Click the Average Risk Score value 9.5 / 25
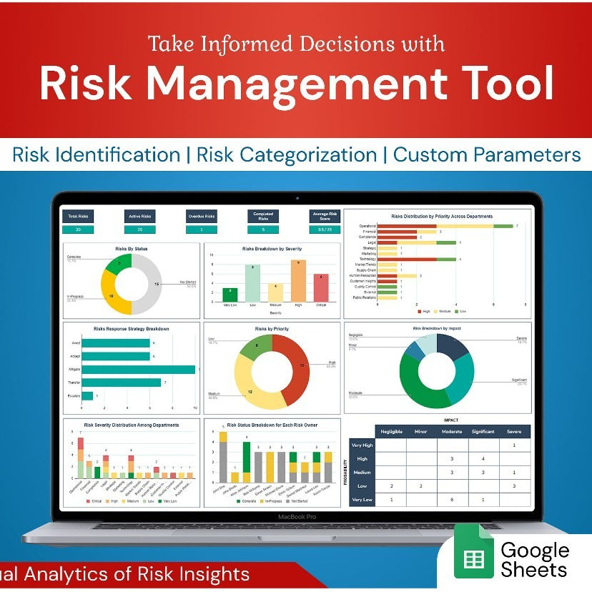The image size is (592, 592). [x=324, y=230]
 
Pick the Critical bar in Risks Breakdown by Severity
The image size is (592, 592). [x=321, y=287]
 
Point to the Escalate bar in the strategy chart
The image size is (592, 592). [x=87, y=395]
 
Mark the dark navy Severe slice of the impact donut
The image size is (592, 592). [x=453, y=346]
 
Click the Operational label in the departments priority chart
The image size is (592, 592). [x=367, y=226]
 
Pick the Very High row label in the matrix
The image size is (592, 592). [x=362, y=445]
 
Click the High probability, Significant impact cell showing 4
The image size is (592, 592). [x=483, y=458]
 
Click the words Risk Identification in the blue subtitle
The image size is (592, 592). [x=97, y=154]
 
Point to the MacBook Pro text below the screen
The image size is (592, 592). [x=297, y=515]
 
